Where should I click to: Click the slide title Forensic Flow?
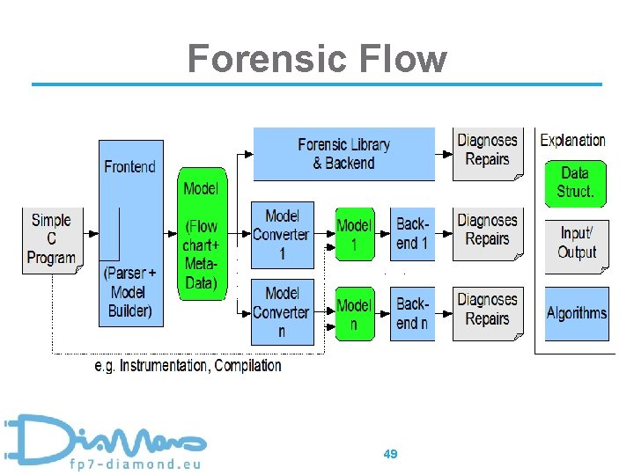click(317, 59)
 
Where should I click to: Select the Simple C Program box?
click(50, 239)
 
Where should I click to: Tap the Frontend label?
click(129, 166)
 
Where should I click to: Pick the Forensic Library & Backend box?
click(343, 154)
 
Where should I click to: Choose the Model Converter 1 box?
click(282, 235)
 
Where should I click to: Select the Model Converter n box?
click(282, 311)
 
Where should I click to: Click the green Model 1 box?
click(354, 235)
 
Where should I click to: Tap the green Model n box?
click(354, 313)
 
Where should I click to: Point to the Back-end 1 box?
click(412, 235)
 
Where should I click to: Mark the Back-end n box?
click(412, 313)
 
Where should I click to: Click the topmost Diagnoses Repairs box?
click(487, 151)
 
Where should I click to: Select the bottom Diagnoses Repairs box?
click(487, 311)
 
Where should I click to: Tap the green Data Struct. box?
click(575, 182)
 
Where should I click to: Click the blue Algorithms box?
click(576, 313)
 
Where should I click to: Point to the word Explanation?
click(572, 140)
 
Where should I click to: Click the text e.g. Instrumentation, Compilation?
click(188, 365)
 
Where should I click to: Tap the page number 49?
click(391, 454)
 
